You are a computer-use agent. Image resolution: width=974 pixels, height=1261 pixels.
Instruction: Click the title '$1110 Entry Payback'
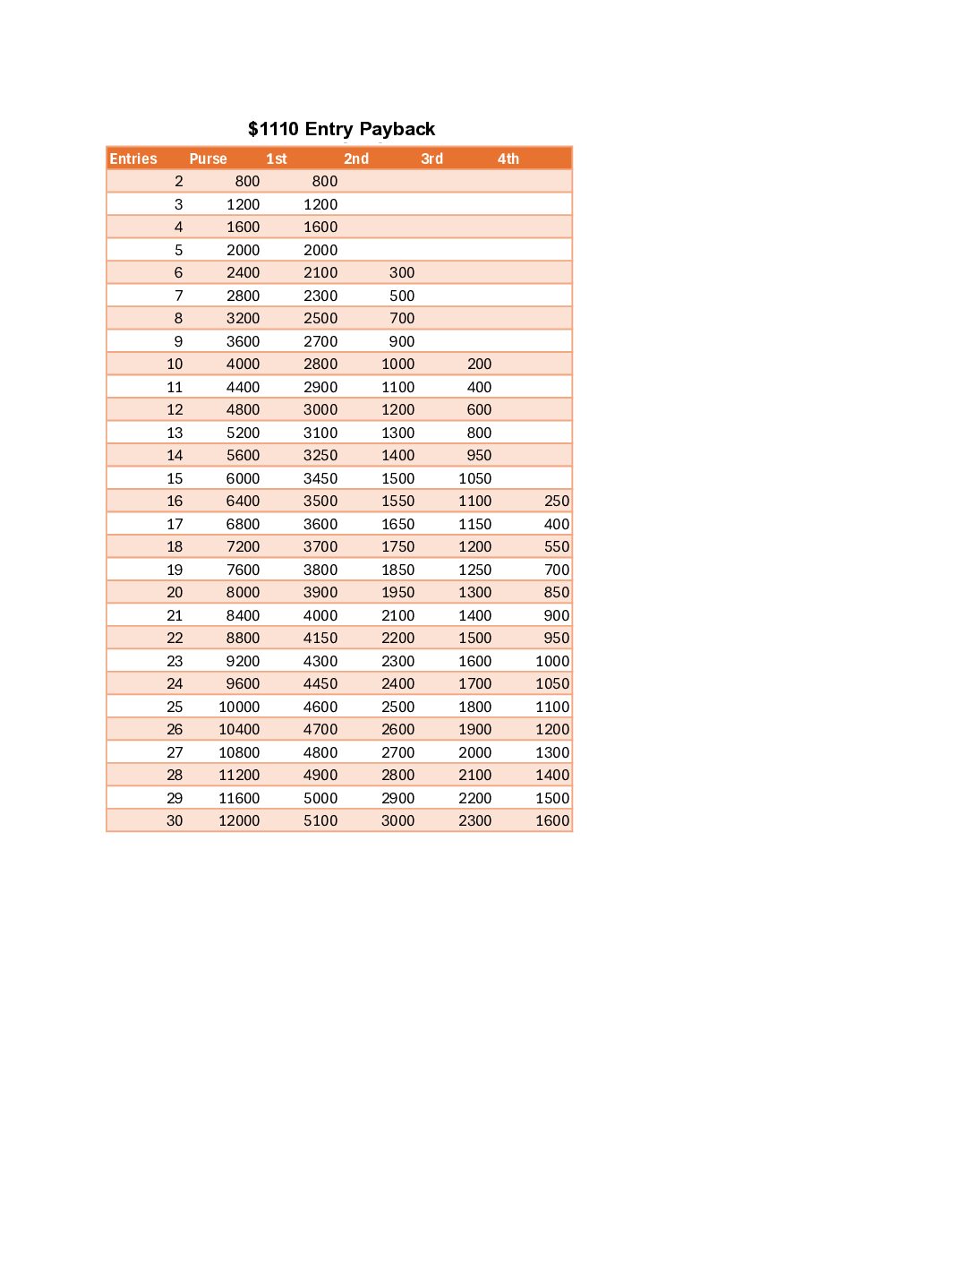pos(341,129)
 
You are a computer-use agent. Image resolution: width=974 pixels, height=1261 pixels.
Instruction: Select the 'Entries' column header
pos(133,159)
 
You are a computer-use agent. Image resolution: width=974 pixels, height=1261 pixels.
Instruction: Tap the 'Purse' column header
pos(208,159)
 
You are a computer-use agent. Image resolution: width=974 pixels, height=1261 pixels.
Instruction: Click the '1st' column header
pos(277,159)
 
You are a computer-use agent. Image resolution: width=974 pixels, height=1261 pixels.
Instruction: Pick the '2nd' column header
pos(356,159)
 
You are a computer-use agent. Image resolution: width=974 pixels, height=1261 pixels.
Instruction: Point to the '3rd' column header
pos(431,159)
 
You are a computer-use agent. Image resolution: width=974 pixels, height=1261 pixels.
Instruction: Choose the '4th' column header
pos(508,159)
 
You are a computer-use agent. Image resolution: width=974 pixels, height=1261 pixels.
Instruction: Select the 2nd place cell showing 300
pos(402,272)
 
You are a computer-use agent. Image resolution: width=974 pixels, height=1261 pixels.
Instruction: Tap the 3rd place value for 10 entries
pos(479,364)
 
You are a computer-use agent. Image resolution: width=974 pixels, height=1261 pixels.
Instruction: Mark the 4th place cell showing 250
pos(557,501)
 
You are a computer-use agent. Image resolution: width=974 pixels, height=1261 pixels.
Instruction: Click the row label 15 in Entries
pos(175,478)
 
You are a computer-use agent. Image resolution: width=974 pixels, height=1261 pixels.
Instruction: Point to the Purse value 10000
pos(239,707)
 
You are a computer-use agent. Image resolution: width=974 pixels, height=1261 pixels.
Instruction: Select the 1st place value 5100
pos(320,820)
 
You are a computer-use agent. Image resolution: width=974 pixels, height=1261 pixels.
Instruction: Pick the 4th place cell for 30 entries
pos(552,820)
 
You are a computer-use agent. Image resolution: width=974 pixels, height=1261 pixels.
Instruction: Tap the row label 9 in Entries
pos(178,341)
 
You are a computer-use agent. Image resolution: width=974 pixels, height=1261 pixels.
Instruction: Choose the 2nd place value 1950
pos(397,592)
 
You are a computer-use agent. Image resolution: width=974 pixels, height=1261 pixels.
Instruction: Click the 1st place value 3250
pos(320,455)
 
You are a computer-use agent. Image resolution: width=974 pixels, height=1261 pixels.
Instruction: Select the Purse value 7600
pos(243,570)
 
